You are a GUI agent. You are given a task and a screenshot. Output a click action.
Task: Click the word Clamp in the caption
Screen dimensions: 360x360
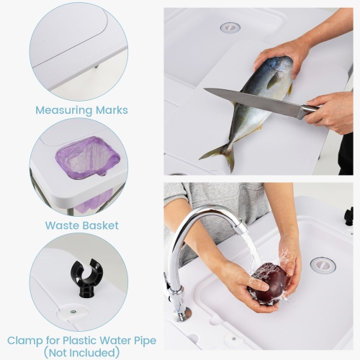pyautogui.click(x=27, y=339)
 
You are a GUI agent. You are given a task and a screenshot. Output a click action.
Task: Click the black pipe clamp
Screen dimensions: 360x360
pyautogui.click(x=86, y=276)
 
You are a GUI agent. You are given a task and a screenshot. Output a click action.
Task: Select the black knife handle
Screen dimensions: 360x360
pyautogui.click(x=310, y=109)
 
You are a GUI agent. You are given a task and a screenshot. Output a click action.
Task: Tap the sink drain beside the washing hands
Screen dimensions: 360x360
pyautogui.click(x=323, y=264)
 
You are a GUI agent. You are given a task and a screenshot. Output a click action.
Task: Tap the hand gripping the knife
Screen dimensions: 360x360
pyautogui.click(x=330, y=110)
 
